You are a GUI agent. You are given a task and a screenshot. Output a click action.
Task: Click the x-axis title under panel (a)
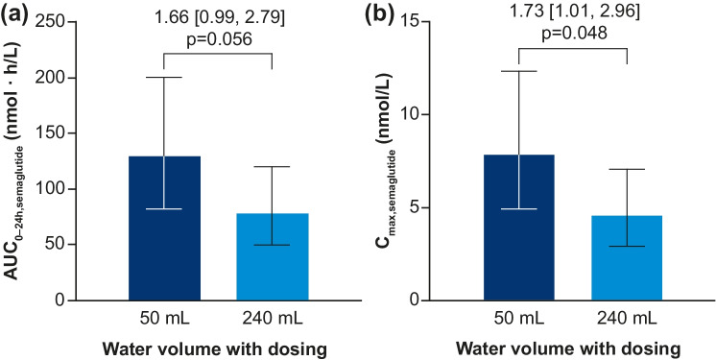217,347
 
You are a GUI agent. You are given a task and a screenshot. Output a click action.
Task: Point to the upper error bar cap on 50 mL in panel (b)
518,71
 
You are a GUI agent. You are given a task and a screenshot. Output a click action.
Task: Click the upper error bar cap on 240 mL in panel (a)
273,167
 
